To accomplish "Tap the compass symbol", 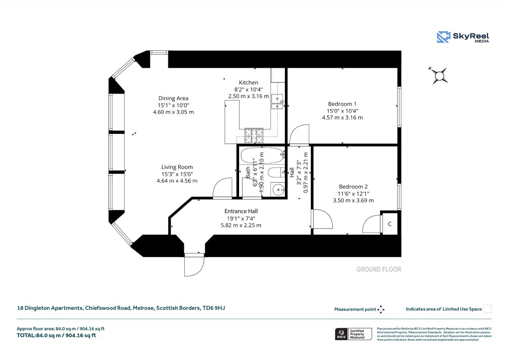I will (439, 75).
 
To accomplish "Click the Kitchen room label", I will (249, 83).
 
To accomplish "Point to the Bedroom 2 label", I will (353, 186).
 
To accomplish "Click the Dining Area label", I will (173, 98).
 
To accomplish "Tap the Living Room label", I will (177, 167).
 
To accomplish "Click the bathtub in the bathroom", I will (261, 156).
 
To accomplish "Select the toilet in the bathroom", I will (275, 173).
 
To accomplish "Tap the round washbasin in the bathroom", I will (278, 189).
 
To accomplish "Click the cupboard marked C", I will (389, 224).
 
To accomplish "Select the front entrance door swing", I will (194, 264).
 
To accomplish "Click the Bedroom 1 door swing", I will (299, 134).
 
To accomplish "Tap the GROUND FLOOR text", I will (379, 269).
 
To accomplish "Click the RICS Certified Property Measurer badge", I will (353, 334).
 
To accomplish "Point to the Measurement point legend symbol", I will (381, 309).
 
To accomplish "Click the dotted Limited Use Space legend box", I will (488, 309).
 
